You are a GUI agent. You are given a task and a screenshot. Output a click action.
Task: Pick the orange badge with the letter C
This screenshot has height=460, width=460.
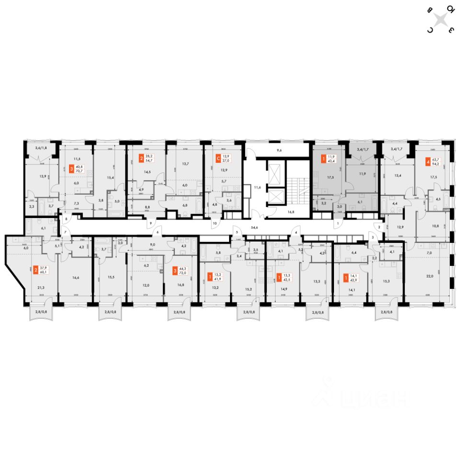[x=218, y=157]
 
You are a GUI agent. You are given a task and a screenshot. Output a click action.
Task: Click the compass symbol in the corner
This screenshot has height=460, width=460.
[x=441, y=20]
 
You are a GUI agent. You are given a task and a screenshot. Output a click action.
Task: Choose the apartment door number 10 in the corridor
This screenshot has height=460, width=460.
[x=214, y=223]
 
